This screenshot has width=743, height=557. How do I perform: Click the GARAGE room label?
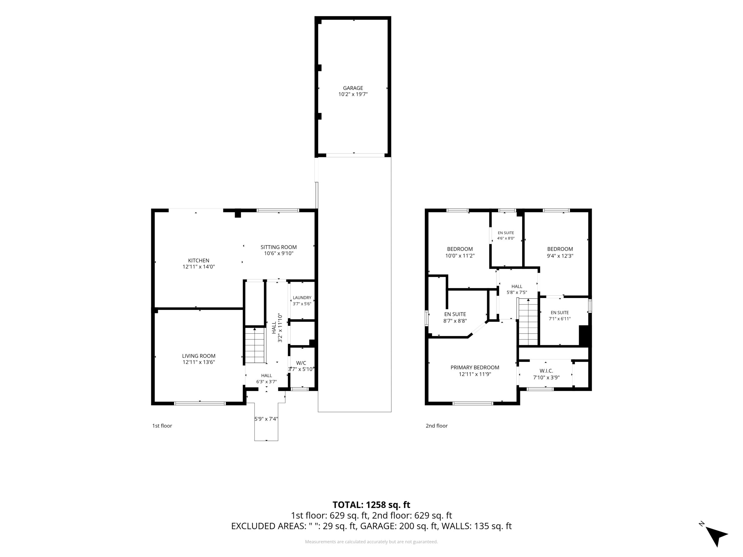353,88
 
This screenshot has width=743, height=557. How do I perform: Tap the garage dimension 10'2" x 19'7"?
353,94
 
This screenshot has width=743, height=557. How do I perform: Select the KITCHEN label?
199,260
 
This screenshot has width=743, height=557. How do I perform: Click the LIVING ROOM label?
199,356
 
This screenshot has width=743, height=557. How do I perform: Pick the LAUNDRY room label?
302,297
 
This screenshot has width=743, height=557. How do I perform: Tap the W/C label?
301,363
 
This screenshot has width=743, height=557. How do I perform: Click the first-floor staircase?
256,345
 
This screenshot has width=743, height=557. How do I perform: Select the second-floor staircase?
528,321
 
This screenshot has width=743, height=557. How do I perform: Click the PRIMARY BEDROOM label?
475,367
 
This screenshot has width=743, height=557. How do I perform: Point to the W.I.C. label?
546,371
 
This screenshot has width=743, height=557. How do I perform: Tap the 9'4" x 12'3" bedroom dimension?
560,256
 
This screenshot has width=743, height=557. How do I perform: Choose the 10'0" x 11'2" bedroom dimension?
460,256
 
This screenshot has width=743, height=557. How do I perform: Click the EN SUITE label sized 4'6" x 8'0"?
506,233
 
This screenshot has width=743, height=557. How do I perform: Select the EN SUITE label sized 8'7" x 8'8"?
455,314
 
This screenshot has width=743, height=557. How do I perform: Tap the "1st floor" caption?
162,426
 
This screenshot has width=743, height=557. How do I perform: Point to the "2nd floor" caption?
437,426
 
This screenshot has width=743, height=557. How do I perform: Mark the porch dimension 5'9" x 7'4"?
266,419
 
